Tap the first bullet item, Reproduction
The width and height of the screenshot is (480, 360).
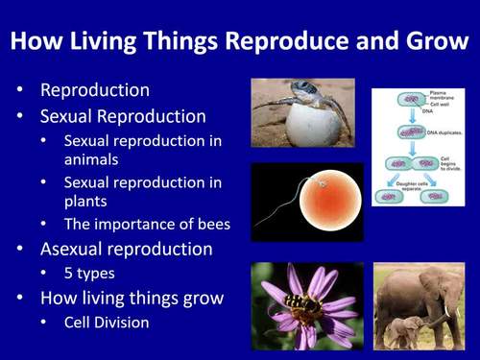(94, 91)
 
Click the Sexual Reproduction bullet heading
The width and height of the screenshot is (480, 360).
(123, 116)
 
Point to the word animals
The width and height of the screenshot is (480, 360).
(94, 161)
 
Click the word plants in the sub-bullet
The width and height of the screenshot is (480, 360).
(87, 203)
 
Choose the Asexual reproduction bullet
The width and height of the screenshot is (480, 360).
(126, 250)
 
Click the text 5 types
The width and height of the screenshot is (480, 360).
(89, 274)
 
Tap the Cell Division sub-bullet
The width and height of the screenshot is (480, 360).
(107, 323)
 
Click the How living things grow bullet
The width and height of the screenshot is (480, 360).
(132, 299)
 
